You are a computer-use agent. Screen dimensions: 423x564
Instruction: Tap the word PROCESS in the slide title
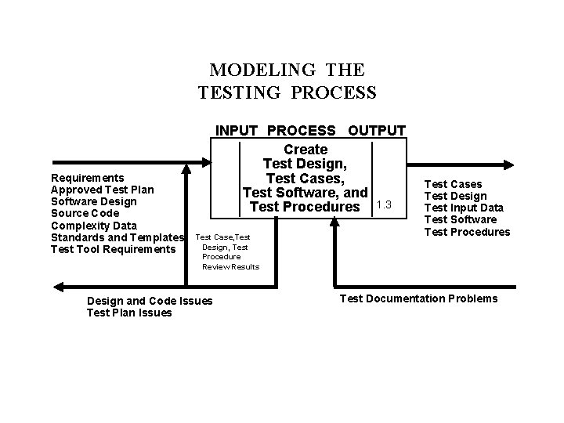tap(334, 93)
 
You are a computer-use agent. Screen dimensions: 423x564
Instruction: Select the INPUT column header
tap(237, 130)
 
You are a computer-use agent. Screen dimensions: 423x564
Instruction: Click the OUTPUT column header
tap(377, 130)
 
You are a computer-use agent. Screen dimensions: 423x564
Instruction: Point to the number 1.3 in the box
tap(384, 204)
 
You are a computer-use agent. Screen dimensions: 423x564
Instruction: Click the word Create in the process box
tap(305, 149)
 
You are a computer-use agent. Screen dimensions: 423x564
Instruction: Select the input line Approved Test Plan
tap(102, 190)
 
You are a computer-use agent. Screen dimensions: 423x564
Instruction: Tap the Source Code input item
tap(85, 213)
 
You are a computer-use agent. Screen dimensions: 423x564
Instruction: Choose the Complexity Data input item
tap(93, 226)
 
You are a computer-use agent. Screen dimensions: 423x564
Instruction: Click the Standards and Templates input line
tap(117, 237)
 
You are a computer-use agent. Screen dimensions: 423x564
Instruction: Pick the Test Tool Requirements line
tap(112, 249)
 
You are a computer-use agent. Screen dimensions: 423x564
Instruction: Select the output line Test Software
tap(461, 219)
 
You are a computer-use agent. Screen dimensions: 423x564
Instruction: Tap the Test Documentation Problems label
tap(418, 298)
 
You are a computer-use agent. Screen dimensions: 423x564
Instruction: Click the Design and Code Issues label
tap(150, 301)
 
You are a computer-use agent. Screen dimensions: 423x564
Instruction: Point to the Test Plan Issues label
tap(129, 313)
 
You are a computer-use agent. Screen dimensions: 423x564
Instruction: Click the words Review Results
tap(230, 267)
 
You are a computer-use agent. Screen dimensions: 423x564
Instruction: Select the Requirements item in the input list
tap(87, 178)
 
